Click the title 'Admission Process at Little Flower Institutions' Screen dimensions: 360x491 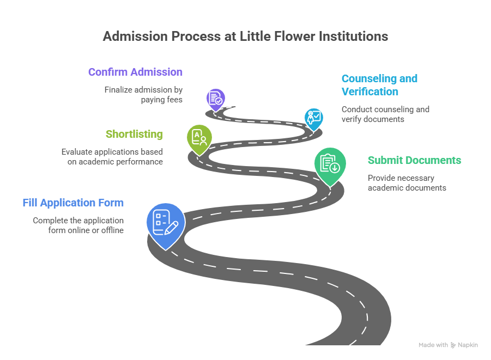(245, 36)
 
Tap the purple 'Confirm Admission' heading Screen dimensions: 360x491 (135, 72)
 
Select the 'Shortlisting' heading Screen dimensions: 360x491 (134, 134)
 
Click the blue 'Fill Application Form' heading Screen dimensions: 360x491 (73, 203)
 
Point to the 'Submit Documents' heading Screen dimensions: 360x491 (414, 160)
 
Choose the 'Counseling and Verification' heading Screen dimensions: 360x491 (379, 85)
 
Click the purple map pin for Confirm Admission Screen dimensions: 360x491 (216, 99)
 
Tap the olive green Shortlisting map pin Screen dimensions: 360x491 (199, 138)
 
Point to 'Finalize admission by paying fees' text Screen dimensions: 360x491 (143, 94)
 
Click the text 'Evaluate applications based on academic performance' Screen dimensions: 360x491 (112, 156)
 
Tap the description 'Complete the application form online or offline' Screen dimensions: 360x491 (78, 225)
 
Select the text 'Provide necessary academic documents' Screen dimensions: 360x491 (407, 182)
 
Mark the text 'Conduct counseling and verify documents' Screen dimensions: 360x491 (385, 114)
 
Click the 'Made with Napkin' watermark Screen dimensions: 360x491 (448, 345)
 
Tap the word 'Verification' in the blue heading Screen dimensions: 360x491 (370, 91)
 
